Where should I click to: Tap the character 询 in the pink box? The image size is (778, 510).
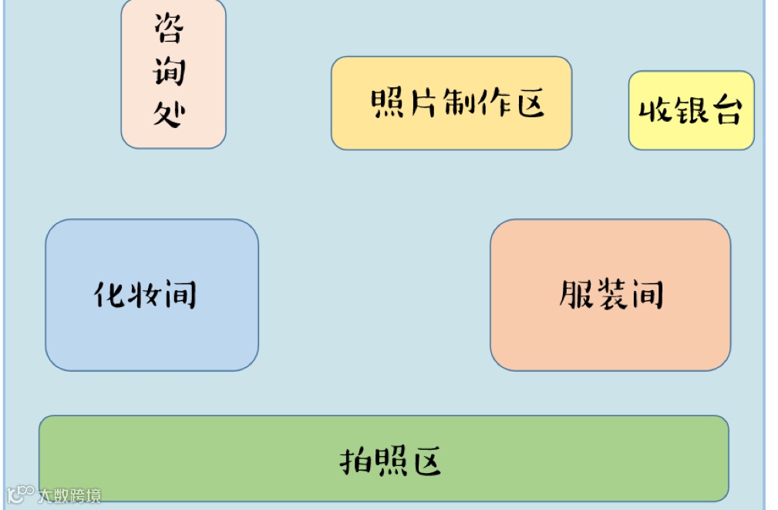(x=170, y=71)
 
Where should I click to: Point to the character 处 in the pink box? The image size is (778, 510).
(x=170, y=114)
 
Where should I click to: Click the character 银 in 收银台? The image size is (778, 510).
(x=690, y=110)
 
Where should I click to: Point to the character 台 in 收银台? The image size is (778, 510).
(x=725, y=110)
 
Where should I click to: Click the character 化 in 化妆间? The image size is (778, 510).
(x=111, y=295)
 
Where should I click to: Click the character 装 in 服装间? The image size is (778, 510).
(x=611, y=295)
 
